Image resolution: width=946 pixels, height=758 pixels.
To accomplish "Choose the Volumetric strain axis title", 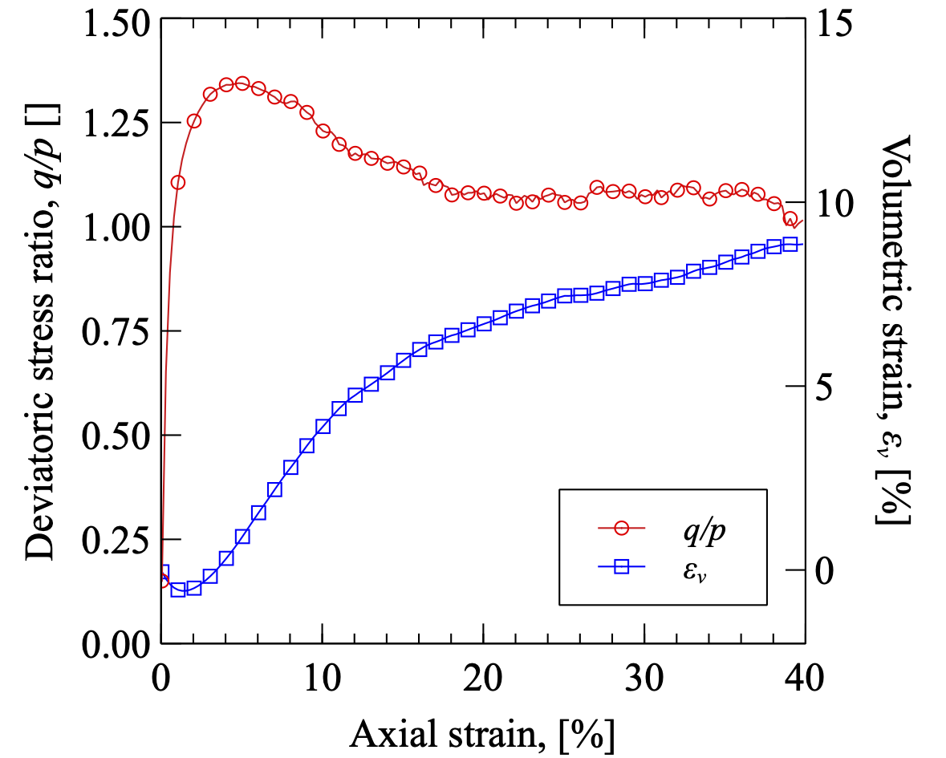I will pos(893,329).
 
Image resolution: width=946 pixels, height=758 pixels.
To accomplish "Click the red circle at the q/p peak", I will pos(242,83).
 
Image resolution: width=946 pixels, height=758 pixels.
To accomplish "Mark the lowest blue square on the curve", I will pos(178,590).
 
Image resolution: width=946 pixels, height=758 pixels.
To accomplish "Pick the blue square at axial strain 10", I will pos(323,426).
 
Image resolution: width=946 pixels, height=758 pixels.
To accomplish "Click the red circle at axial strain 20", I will pos(484,193).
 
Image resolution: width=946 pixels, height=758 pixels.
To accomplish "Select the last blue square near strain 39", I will pos(790,244).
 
